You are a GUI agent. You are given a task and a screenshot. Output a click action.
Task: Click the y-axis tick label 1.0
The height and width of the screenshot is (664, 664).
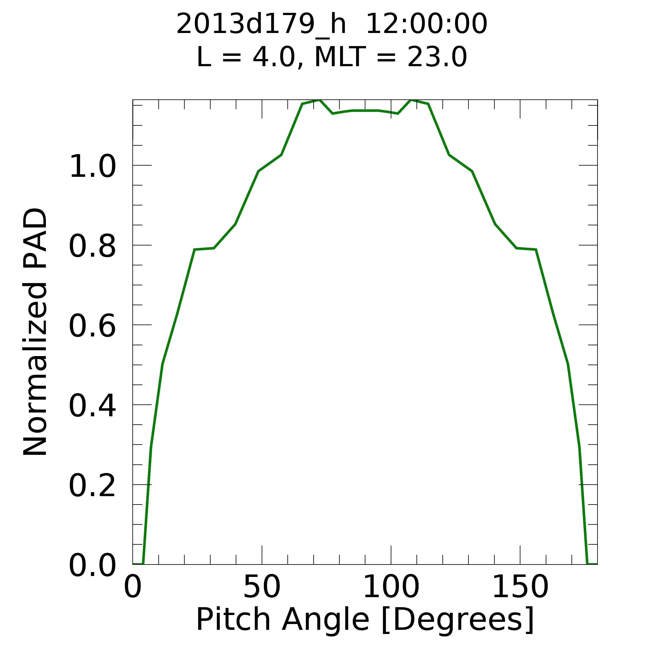tap(92, 167)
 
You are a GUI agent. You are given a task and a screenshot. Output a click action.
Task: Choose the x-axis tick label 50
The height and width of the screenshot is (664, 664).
tap(262, 587)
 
